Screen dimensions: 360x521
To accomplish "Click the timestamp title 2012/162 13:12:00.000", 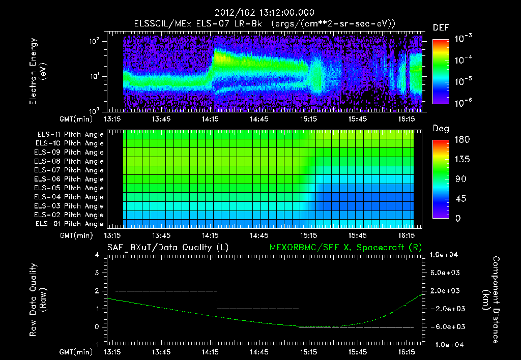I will pyautogui.click(x=264, y=13).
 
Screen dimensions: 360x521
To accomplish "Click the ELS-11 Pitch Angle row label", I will pyautogui.click(x=70, y=135).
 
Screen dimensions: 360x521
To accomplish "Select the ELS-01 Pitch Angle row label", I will pyautogui.click(x=70, y=224).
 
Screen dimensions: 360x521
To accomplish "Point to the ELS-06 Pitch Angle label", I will pyautogui.click(x=70, y=179).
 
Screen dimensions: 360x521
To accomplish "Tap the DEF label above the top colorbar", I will pyautogui.click(x=441, y=27).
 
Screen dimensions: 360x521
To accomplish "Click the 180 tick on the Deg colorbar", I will pyautogui.click(x=461, y=139).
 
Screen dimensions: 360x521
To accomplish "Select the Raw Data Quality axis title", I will pyautogui.click(x=38, y=300).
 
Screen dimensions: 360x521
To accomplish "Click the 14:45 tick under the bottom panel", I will pyautogui.click(x=259, y=352).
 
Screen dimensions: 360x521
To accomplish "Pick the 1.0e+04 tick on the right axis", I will pyautogui.click(x=445, y=254).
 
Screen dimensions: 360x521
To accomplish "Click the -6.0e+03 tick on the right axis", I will pyautogui.click(x=445, y=326).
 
